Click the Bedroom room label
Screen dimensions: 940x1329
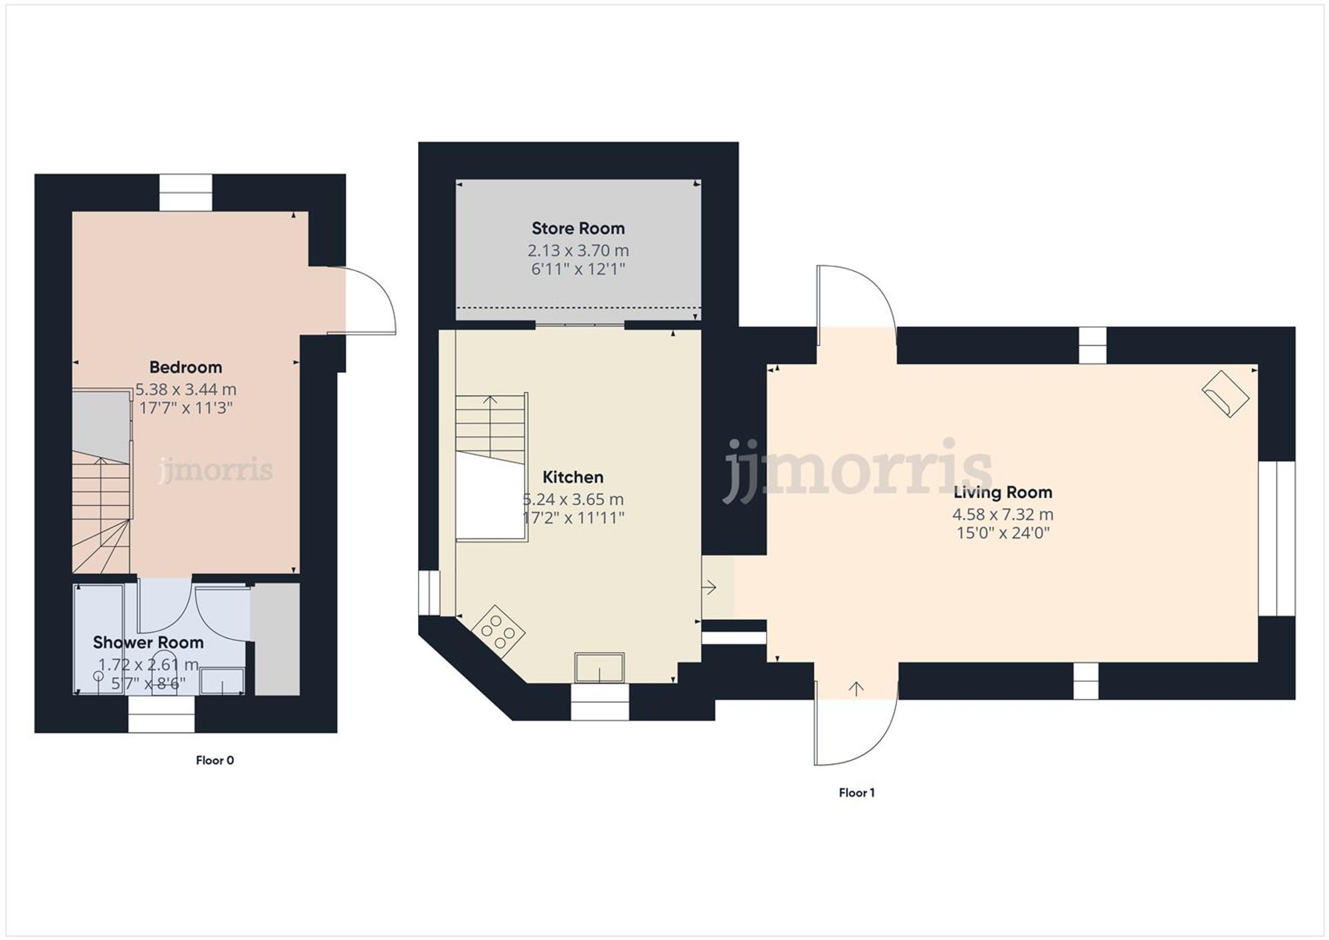pyautogui.click(x=185, y=367)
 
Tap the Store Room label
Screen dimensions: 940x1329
pyautogui.click(x=578, y=229)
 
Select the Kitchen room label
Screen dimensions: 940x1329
pyautogui.click(x=573, y=477)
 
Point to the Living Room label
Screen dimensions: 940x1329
pyautogui.click(x=1003, y=492)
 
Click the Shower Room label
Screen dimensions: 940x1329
pyautogui.click(x=148, y=642)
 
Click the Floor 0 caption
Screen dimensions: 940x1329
pyautogui.click(x=215, y=760)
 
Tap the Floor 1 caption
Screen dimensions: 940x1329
pyautogui.click(x=857, y=793)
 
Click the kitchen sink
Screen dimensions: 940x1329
pyautogui.click(x=599, y=667)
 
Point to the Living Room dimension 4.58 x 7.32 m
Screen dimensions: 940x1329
pyautogui.click(x=1003, y=514)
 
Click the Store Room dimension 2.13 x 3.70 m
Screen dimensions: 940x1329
pyautogui.click(x=578, y=250)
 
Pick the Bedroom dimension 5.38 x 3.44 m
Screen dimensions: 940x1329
pyautogui.click(x=185, y=389)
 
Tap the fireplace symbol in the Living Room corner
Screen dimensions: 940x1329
pyautogui.click(x=1225, y=394)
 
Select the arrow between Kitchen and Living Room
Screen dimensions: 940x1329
pyautogui.click(x=710, y=587)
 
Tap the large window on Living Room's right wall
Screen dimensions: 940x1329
pyautogui.click(x=1277, y=539)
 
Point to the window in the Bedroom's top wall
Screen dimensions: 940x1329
pyautogui.click(x=186, y=193)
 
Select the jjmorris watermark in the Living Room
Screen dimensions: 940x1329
pyautogui.click(x=857, y=468)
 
